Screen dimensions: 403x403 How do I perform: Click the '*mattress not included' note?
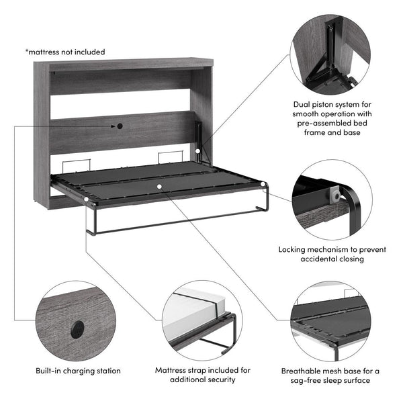[65, 52]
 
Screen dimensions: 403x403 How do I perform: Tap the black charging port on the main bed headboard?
[119, 126]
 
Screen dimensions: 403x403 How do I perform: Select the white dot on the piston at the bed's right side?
[197, 152]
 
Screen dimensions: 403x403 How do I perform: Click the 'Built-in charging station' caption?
[78, 370]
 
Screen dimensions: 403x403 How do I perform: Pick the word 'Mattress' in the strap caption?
[172, 370]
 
